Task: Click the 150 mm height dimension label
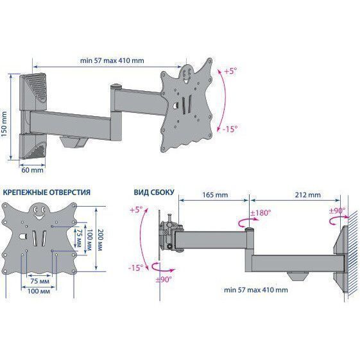click(4, 124)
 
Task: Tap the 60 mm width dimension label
click(32, 170)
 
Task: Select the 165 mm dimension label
click(215, 195)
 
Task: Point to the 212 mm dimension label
click(307, 194)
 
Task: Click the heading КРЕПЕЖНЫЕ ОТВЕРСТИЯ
click(47, 192)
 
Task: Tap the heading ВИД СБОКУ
click(154, 192)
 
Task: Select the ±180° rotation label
click(261, 212)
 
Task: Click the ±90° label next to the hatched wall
click(337, 210)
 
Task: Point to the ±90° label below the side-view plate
click(164, 279)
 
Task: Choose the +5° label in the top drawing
click(230, 71)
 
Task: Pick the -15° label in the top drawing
click(230, 129)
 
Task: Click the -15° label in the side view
click(135, 268)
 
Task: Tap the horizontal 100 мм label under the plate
click(39, 291)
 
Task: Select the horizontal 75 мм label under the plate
click(40, 281)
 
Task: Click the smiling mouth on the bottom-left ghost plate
click(39, 216)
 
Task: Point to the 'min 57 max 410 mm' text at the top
click(112, 60)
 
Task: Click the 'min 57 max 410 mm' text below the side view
click(256, 290)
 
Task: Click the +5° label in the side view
click(136, 210)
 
